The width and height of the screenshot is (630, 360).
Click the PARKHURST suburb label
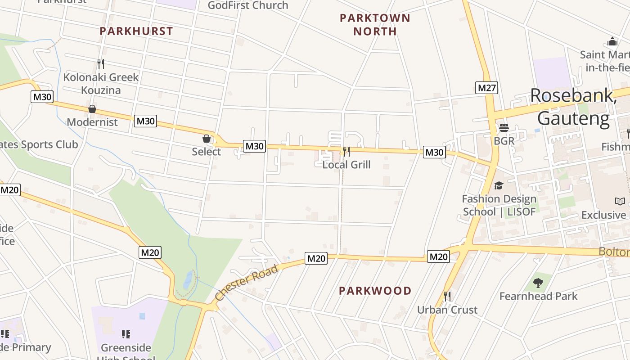coord(136,31)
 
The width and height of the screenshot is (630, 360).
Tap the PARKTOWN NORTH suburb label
coord(375,25)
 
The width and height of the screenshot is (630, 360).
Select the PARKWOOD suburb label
coord(375,291)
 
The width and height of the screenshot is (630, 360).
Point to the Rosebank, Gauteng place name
coord(573,107)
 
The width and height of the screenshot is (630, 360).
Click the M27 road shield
coord(486,87)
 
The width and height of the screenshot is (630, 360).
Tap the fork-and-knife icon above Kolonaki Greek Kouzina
coord(101,64)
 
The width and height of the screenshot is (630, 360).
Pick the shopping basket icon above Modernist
coord(92,109)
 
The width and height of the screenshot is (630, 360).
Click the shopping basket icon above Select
coord(207,139)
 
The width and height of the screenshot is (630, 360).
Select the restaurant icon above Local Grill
coord(346,151)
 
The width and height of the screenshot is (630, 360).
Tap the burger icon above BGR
coord(504,128)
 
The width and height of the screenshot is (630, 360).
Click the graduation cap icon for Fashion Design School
coord(499,185)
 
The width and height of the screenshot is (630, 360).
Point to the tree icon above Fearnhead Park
coord(538,283)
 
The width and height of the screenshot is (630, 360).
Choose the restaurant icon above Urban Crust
coord(447,296)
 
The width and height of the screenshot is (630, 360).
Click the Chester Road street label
coord(247,283)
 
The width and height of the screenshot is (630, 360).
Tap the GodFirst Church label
coord(248,5)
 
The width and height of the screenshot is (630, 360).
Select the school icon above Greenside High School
coord(126,334)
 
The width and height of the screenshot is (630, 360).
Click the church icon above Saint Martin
coord(612,42)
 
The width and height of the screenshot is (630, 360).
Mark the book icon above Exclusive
coord(620,202)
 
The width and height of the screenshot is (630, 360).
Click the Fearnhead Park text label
coord(538,296)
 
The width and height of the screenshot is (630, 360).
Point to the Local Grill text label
coord(346,165)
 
